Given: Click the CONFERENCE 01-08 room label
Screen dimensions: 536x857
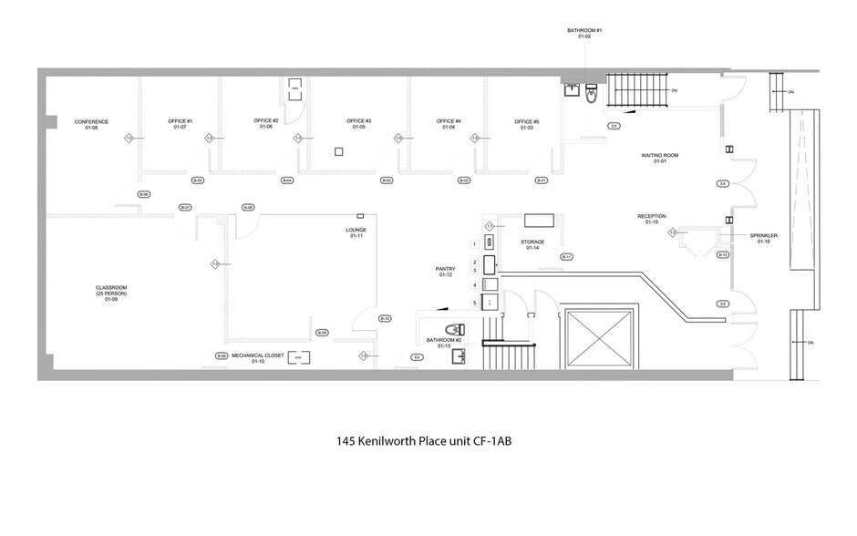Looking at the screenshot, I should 91,125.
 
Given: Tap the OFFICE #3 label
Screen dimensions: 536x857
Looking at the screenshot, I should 359,125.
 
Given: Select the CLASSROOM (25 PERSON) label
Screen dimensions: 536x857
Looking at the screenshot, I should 111,293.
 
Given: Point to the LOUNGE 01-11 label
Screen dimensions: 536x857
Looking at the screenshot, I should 356,232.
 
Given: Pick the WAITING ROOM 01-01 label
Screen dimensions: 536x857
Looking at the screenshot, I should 655,159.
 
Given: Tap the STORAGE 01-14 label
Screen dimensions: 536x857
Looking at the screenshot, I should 532,245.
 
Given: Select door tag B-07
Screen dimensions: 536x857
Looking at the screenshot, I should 185,208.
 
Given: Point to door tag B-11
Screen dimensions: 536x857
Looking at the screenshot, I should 566,256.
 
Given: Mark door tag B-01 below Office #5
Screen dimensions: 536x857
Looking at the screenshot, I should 541,180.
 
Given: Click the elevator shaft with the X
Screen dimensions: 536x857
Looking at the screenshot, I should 600,339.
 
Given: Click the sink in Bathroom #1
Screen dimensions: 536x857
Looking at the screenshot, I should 571,89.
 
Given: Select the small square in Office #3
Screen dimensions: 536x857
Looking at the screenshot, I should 336,151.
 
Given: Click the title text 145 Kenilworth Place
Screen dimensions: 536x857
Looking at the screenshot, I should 428,440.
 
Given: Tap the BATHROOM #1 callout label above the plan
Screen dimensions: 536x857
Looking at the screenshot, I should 586,33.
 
